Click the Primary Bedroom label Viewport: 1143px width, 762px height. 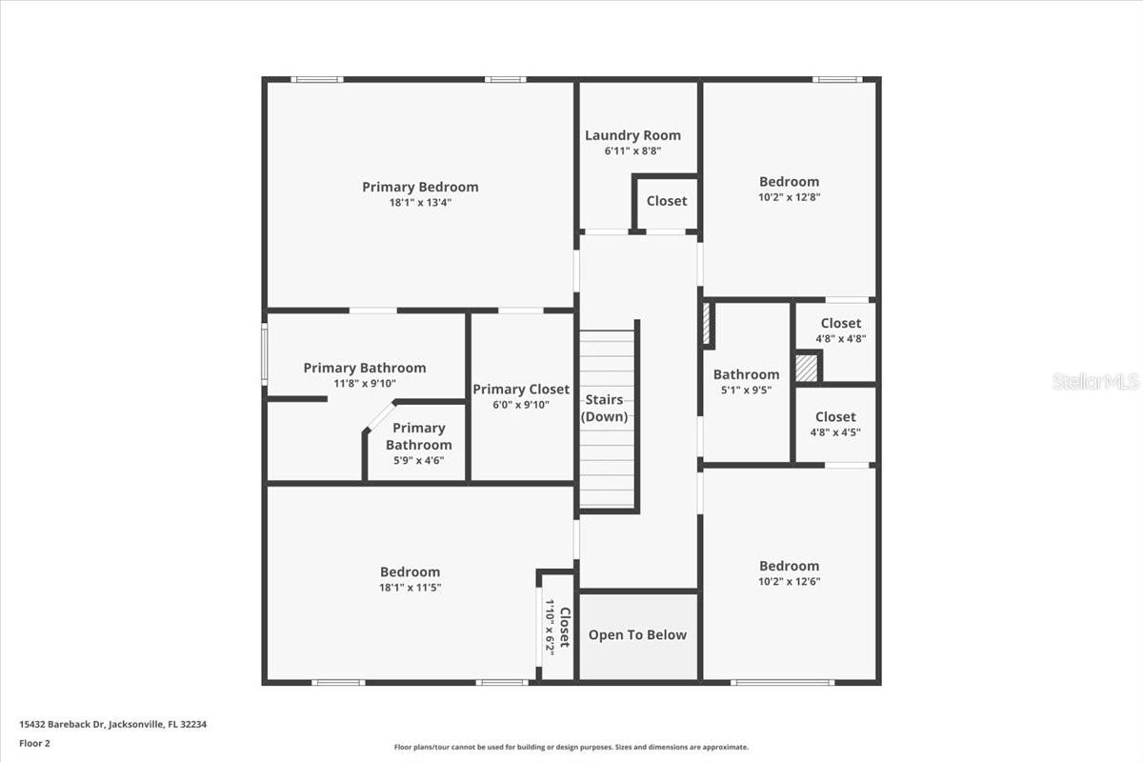420,187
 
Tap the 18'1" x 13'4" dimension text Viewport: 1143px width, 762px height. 420,203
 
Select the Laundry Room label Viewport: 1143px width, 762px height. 632,135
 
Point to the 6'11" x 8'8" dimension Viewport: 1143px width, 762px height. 632,150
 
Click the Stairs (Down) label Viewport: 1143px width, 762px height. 604,408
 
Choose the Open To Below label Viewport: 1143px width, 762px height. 637,635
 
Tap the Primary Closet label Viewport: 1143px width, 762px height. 521,389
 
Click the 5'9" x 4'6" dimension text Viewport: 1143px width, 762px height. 417,461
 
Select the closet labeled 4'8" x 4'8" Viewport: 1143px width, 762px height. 840,331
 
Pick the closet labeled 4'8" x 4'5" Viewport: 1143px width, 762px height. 835,424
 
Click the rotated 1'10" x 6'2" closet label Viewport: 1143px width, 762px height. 557,628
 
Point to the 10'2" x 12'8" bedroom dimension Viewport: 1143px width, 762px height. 789,197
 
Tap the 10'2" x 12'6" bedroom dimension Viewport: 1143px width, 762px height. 789,581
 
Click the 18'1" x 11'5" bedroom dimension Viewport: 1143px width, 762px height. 410,588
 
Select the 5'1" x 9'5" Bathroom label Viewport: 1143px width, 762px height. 746,381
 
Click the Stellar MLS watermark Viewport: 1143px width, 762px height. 1095,381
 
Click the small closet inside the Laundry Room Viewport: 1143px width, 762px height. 666,201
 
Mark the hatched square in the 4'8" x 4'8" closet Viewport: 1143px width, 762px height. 807,369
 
